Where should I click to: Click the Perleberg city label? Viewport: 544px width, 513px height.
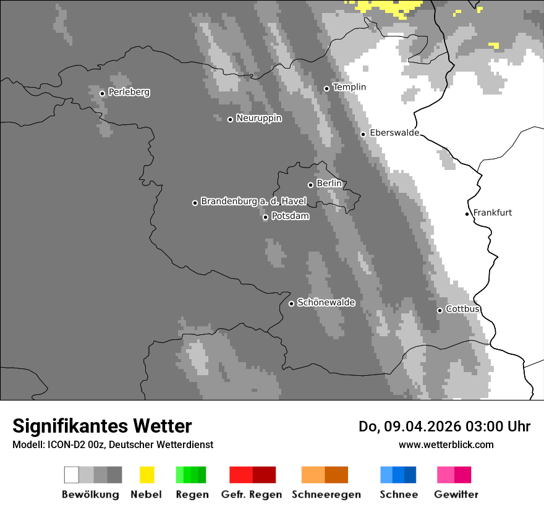tap(129, 92)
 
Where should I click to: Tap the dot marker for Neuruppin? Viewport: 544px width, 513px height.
tap(230, 119)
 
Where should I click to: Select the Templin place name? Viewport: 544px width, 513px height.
tap(349, 87)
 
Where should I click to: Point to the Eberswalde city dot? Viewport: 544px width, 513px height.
tap(363, 134)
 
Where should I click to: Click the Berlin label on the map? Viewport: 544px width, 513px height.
tap(329, 184)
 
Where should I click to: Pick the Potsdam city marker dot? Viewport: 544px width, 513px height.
tap(265, 217)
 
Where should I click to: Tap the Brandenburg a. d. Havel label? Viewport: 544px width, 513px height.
tap(253, 201)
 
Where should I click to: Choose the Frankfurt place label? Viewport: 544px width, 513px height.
tap(492, 213)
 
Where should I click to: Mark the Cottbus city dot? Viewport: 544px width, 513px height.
tap(440, 310)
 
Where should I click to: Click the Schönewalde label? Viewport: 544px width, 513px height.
tap(326, 302)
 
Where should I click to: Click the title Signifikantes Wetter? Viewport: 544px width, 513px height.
tap(102, 426)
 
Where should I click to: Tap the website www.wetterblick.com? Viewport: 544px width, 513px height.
tap(446, 444)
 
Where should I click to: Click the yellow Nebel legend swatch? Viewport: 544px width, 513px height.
tap(147, 475)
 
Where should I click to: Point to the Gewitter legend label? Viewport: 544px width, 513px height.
tap(456, 494)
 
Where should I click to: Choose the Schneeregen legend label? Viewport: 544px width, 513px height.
tap(326, 494)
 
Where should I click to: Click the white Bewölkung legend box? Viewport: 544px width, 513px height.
tap(72, 475)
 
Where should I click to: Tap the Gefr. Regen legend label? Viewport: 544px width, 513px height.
tap(252, 494)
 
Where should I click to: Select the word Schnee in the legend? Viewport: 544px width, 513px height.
tap(398, 494)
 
